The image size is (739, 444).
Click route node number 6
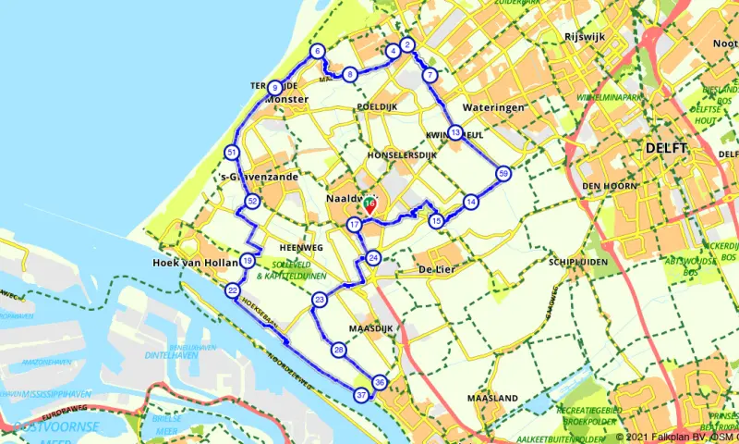317,52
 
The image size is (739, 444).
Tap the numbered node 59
503,173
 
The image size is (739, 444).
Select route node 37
362,395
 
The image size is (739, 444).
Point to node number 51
231,153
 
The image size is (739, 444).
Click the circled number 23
320,300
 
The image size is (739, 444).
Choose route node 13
455,133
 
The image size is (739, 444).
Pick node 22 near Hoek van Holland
232,291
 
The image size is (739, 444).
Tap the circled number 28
339,350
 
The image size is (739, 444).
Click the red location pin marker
369,205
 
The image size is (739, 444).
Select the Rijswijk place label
582,38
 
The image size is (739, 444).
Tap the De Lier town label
440,268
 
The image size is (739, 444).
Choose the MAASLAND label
492,399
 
